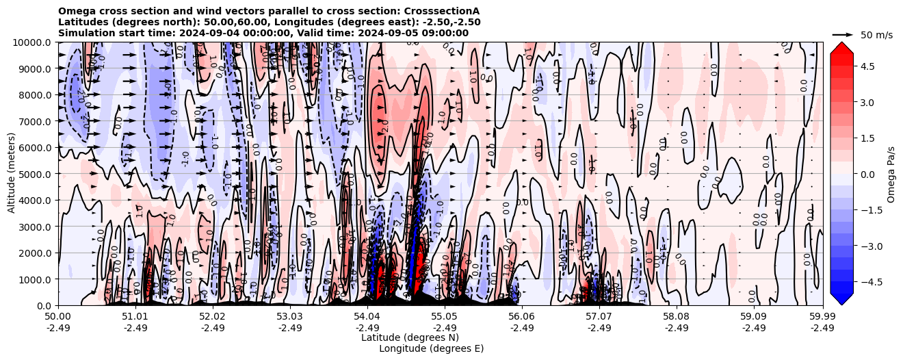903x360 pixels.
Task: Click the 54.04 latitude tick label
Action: (367, 316)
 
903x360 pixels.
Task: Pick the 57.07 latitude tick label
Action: (599, 316)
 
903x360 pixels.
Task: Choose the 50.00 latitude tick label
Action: (58, 316)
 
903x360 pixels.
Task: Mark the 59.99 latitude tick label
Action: (822, 316)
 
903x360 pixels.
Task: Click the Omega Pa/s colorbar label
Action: (891, 174)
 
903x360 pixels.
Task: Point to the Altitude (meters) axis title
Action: (12, 174)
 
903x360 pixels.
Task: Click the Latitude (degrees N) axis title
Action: (410, 337)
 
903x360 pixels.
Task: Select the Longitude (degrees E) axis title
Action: (431, 348)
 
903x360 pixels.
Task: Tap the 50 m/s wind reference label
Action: (876, 35)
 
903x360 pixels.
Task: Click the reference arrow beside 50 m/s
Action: (842, 34)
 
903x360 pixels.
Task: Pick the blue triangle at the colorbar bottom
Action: (841, 299)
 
